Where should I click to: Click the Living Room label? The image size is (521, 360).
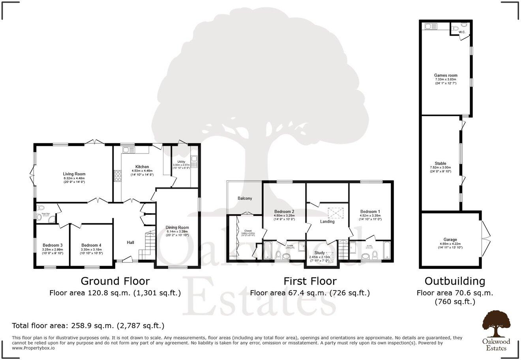pos(74,174)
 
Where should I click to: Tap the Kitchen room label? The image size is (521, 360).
pos(142,167)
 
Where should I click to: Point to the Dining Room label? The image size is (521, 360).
pos(177,227)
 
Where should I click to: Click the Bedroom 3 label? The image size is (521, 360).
pos(52,245)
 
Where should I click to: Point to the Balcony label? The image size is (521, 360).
pos(245,198)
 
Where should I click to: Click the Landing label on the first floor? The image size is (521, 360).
pos(327,221)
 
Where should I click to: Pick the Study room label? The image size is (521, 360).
pos(319,253)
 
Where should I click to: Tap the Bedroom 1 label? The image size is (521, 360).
pos(370,212)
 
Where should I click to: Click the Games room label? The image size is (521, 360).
pos(446,75)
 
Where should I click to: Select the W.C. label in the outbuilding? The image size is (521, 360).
pos(462,32)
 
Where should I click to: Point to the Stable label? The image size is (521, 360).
pos(440,163)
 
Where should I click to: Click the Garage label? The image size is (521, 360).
pos(450,240)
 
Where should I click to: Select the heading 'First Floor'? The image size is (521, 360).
pos(310,281)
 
